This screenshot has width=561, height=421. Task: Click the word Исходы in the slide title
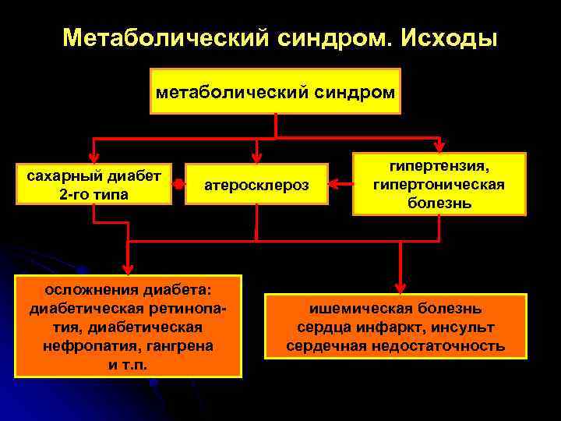click(450, 37)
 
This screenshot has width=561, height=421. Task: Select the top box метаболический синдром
click(275, 92)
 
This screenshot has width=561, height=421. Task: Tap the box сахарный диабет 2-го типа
click(94, 184)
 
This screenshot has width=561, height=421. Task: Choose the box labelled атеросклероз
click(257, 186)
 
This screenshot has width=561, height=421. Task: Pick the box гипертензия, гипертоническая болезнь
click(439, 185)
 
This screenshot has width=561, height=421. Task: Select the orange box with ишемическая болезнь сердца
click(395, 327)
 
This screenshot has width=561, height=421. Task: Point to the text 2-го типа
click(94, 193)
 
